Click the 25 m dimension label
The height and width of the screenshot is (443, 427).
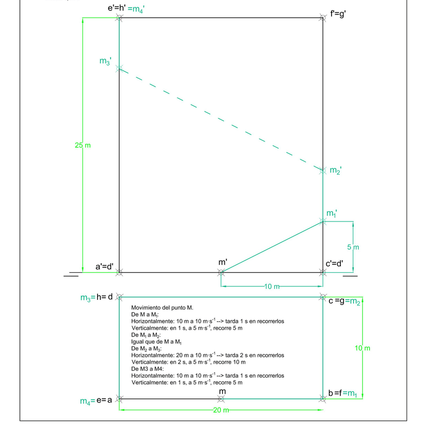click(82, 145)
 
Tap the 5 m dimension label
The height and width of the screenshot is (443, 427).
click(353, 247)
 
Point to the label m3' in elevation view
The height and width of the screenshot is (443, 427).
click(105, 62)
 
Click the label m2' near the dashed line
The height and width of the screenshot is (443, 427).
click(336, 171)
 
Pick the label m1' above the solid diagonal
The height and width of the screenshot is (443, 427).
click(332, 214)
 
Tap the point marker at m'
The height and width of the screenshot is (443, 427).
click(221, 272)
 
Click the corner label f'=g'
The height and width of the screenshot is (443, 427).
click(338, 14)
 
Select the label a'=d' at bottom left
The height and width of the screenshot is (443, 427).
click(104, 266)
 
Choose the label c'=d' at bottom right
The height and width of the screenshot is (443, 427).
click(335, 264)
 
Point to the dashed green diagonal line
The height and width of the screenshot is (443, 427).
click(219, 119)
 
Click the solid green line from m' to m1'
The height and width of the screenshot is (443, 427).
click(271, 247)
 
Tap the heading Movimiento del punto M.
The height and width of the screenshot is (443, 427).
click(162, 308)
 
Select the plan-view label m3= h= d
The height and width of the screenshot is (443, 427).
click(97, 297)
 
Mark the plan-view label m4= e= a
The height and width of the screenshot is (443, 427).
click(96, 401)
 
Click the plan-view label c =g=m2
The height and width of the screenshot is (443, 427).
click(345, 301)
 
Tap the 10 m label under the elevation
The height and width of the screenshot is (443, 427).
click(271, 286)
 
